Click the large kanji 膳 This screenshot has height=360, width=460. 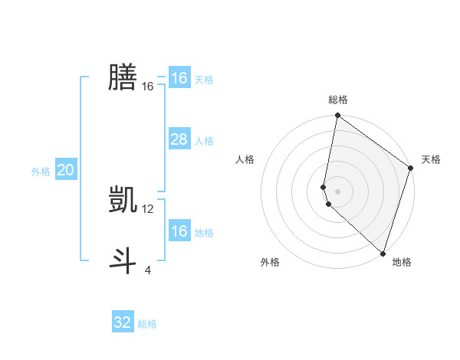[123, 77]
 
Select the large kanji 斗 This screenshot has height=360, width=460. [123, 260]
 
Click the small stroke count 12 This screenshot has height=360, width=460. [148, 208]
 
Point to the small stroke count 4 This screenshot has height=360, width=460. [148, 270]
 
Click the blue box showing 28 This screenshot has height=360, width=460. [179, 139]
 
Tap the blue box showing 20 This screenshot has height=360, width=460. [65, 170]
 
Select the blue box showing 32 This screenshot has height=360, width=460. [123, 322]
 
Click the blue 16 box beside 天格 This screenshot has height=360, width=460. [179, 78]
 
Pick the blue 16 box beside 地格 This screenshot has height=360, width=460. [179, 231]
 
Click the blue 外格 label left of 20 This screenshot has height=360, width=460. [41, 172]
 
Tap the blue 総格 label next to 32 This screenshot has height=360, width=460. [147, 324]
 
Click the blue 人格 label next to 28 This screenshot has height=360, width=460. [204, 141]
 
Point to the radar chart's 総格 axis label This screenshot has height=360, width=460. [338, 100]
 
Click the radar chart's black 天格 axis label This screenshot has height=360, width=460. [431, 159]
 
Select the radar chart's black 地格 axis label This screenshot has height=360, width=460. [402, 262]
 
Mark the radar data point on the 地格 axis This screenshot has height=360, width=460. [383, 253]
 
